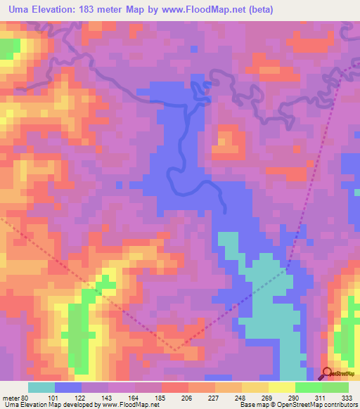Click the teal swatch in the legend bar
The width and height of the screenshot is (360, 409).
[x=41, y=387]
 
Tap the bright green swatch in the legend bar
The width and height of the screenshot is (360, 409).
[x=309, y=387]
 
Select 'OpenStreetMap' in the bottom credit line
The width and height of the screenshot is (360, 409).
[x=304, y=405]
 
